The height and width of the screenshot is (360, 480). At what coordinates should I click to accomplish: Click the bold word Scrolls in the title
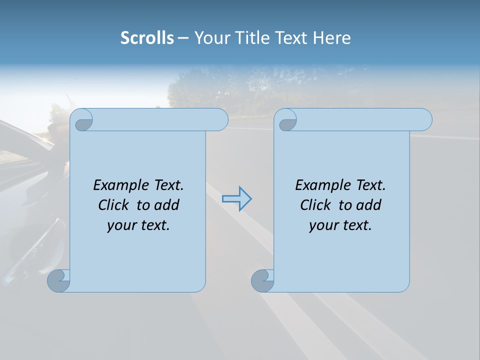[x=147, y=37]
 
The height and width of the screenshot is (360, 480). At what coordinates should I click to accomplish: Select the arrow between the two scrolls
[x=236, y=199]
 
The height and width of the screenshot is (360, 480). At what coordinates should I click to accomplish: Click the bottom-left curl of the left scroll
[x=58, y=281]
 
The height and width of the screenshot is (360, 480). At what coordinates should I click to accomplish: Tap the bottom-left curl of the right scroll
[x=262, y=281]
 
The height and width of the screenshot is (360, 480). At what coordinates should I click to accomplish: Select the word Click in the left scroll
[x=114, y=205]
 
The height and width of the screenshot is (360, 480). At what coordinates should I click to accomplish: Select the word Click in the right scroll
[x=316, y=205]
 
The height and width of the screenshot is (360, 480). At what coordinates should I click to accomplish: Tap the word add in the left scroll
[x=167, y=205]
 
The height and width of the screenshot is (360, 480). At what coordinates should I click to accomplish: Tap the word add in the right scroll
[x=369, y=205]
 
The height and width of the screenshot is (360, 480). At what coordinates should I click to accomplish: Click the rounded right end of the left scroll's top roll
[x=220, y=119]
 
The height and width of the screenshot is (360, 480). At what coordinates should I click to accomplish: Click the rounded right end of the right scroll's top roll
[x=424, y=119]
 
